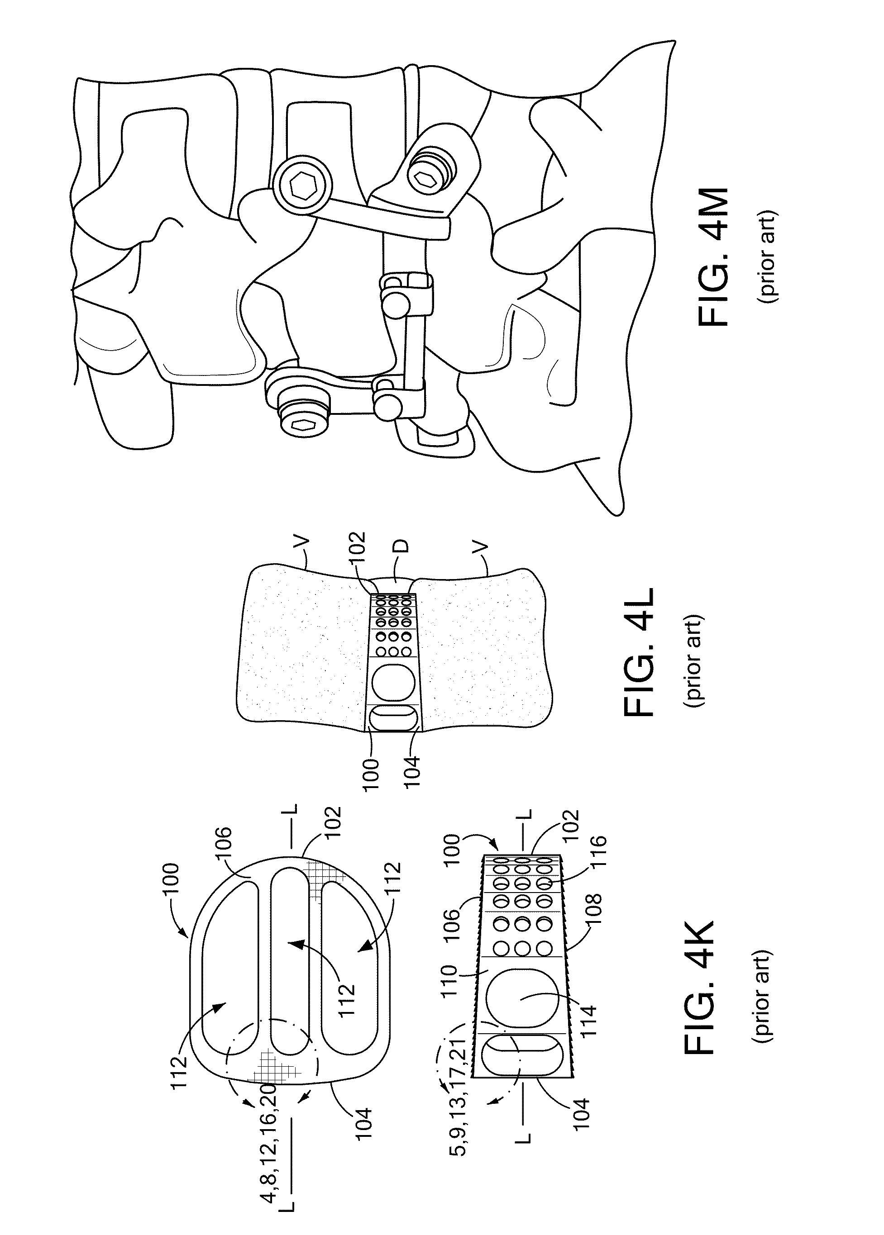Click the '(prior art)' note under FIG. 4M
tap(771, 257)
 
